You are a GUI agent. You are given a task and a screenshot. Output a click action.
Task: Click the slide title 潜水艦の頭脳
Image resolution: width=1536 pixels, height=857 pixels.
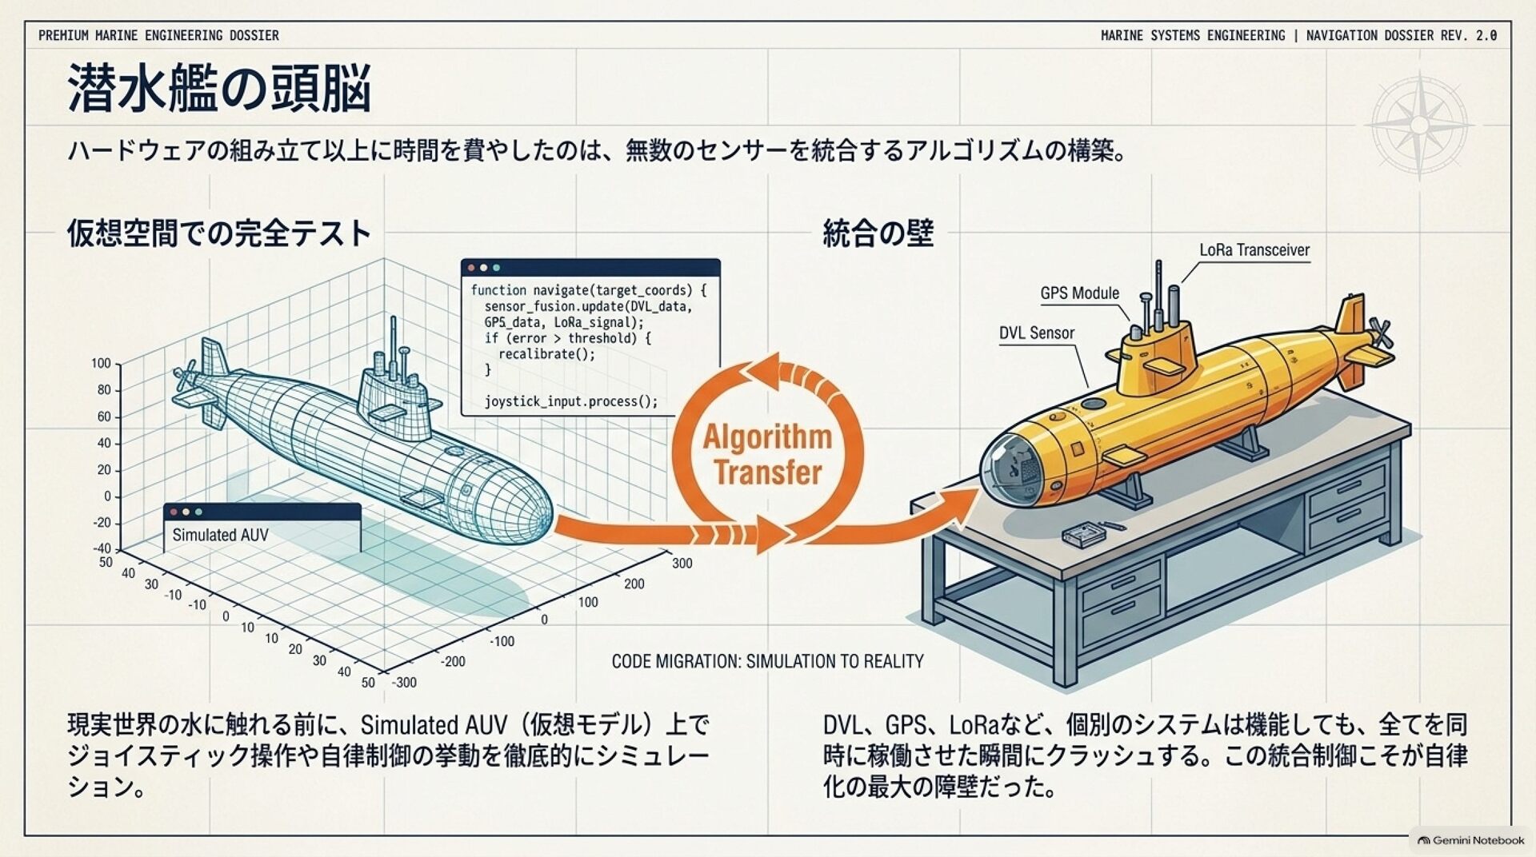(219, 89)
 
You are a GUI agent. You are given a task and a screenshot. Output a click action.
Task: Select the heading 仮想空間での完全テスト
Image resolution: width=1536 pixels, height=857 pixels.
(219, 233)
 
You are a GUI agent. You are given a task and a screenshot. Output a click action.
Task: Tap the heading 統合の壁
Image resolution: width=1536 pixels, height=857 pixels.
(878, 233)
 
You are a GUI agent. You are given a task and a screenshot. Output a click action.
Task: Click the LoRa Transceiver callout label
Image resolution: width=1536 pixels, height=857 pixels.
(1254, 250)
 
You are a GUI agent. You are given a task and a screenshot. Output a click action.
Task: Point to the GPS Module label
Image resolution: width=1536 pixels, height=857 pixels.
(1080, 293)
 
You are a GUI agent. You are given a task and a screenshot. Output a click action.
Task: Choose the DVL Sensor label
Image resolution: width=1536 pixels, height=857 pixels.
(1037, 333)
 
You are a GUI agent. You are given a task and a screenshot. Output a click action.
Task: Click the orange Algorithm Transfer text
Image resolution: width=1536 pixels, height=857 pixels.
(767, 454)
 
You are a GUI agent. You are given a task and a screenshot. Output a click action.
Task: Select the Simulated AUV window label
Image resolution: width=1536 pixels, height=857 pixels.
(221, 535)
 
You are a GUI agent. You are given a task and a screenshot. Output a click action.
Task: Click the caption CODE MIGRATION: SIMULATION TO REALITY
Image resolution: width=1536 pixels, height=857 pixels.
(768, 661)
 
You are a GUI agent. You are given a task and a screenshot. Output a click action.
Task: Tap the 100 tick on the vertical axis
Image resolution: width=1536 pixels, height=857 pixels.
(102, 363)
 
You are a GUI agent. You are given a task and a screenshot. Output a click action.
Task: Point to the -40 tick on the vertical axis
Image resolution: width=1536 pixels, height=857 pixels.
(102, 548)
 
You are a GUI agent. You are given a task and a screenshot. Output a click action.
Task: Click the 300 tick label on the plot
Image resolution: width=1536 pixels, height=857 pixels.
(682, 563)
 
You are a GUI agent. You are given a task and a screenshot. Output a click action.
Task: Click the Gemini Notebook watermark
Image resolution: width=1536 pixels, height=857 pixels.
(1471, 840)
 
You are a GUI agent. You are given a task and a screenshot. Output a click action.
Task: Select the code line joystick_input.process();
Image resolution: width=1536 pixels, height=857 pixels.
(571, 401)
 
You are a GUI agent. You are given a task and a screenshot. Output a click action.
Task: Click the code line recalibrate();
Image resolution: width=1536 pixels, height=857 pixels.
(547, 354)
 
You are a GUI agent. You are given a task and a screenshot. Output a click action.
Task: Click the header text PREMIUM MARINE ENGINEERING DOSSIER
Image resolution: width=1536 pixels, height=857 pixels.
(159, 36)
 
